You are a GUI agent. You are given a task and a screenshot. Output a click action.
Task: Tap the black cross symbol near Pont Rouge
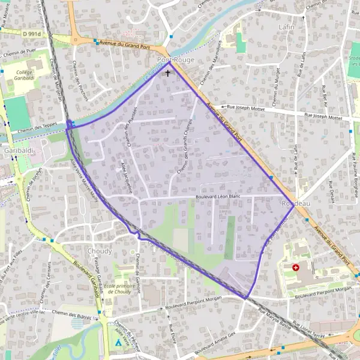click(167, 73)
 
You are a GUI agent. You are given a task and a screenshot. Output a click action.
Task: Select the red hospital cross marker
click(296, 268)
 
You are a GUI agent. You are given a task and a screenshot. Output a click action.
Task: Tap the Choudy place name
click(99, 251)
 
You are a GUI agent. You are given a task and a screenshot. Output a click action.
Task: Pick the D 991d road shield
click(33, 35)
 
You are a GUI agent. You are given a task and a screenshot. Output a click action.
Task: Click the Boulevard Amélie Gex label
click(216, 343)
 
